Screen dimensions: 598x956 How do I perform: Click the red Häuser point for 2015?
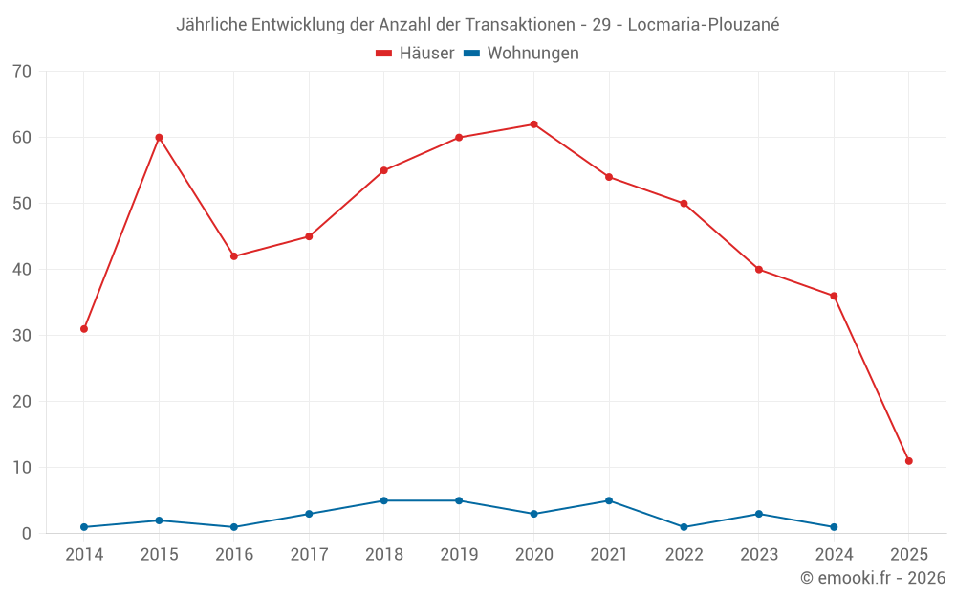[x=159, y=138]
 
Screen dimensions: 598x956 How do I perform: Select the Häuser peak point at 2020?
[x=533, y=124]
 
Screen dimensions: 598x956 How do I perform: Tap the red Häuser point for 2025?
[x=908, y=461]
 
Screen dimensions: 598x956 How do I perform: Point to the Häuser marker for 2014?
[x=84, y=329]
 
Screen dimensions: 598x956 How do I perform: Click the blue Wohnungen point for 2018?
[x=383, y=500]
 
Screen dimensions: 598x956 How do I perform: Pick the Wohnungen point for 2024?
[x=834, y=527]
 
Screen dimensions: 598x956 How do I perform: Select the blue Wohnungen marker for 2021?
[x=609, y=500]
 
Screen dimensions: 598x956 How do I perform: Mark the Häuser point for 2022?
[x=684, y=204]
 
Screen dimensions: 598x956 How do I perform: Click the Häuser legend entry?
[x=415, y=54]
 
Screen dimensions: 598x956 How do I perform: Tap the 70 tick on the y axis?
[x=22, y=72]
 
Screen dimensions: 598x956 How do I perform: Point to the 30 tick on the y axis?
[x=22, y=336]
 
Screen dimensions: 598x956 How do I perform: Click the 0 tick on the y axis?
[x=27, y=534]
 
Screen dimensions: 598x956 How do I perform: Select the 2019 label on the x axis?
[x=459, y=555]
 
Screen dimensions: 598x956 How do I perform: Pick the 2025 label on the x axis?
[x=908, y=555]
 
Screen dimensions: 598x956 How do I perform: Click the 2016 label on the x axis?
[x=234, y=555]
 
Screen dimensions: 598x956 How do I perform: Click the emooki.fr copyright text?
[x=872, y=578]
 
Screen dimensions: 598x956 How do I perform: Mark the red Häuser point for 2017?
[x=309, y=236]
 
